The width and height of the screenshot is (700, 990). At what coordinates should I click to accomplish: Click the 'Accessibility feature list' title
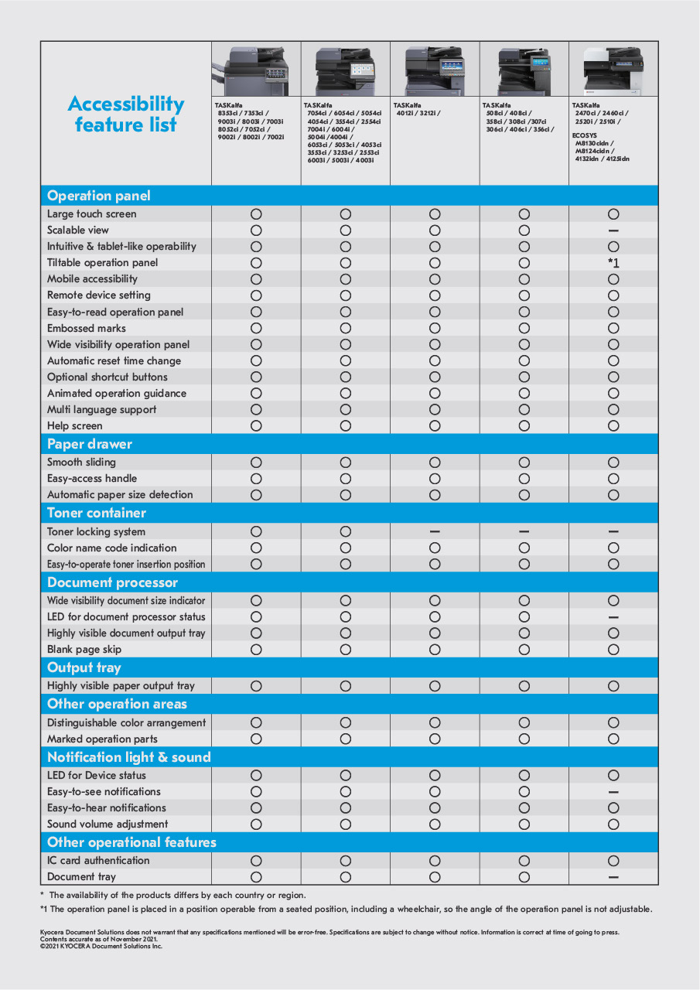pos(126,114)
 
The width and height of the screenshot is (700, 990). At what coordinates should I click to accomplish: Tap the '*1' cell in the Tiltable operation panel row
pos(613,263)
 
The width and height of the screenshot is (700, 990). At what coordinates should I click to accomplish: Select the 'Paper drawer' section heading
pos(90,444)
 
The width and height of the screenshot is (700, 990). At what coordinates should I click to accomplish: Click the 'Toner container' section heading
pos(96,513)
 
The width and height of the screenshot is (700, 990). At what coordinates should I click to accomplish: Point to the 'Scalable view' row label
pos(78,230)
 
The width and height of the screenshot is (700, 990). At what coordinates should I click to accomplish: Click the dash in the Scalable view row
pos(613,230)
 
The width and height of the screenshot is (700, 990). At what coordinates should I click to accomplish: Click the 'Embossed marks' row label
pos(87,328)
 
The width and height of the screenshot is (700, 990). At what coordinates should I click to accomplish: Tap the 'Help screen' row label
pos(75,425)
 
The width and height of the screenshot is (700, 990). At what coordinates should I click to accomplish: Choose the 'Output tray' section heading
pos(84,667)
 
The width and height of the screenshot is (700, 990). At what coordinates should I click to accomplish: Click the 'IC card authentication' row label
pos(98,860)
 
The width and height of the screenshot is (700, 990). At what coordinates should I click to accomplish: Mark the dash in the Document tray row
pos(613,877)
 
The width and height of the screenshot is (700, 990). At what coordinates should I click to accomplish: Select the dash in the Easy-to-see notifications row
pos(613,792)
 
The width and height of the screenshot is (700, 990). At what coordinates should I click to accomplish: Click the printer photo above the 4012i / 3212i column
pos(435,70)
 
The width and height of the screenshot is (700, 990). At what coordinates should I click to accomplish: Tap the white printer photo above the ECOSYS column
pos(613,70)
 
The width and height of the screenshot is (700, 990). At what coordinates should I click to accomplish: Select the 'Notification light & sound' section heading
pos(129,757)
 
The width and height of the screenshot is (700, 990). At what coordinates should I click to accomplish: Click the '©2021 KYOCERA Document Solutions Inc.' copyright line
pos(101,945)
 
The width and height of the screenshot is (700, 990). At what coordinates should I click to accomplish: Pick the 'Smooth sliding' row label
pos(81,462)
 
